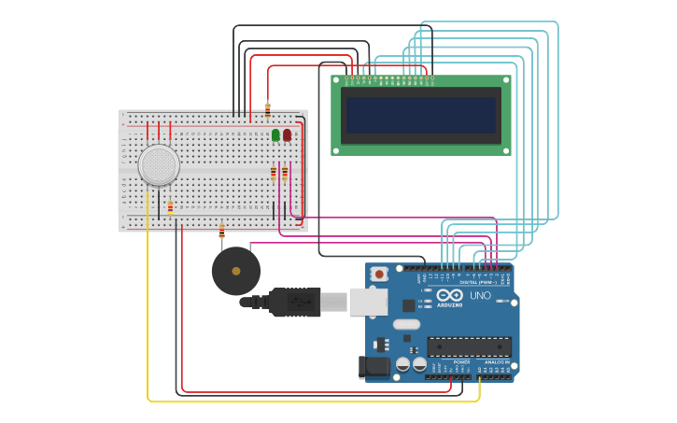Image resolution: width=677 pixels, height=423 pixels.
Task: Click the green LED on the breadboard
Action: point(275,135)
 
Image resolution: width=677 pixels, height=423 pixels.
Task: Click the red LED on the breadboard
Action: point(287,135)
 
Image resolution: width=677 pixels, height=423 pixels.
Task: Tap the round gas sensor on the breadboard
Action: point(159,164)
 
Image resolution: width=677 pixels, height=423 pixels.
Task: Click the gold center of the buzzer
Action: point(236,271)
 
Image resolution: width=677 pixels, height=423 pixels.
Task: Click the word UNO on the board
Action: point(480,296)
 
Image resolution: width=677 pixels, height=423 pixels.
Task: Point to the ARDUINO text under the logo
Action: point(450,304)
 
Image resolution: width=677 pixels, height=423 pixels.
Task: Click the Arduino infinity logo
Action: point(450,294)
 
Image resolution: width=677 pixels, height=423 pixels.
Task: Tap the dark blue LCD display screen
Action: point(420,115)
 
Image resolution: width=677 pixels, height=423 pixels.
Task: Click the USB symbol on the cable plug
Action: point(301,302)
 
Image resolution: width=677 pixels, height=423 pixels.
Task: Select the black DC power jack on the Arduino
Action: point(374,367)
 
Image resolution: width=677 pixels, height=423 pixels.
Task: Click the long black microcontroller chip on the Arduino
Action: point(469,346)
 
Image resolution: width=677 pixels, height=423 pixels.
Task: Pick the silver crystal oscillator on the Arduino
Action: point(406,324)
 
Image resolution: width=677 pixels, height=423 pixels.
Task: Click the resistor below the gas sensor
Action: point(170,208)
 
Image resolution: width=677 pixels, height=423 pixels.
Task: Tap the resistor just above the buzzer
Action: point(221,231)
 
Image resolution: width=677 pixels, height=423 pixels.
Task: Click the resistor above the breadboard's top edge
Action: point(268,109)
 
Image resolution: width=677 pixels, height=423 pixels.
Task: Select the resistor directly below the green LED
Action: point(274,174)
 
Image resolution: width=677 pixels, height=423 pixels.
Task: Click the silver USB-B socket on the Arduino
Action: point(368,301)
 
